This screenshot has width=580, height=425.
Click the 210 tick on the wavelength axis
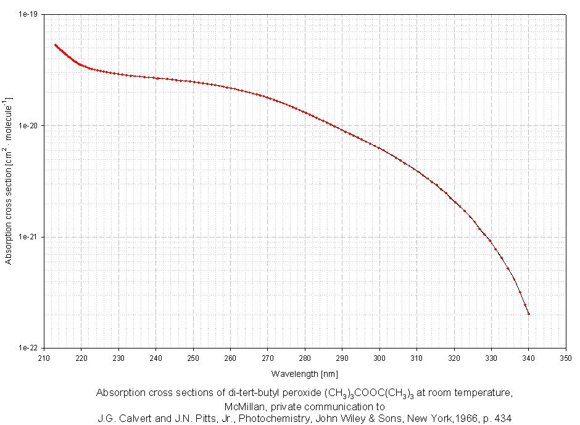tap(44, 358)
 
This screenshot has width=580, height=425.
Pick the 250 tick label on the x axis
tap(193, 358)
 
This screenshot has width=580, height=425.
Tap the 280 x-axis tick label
tap(305, 358)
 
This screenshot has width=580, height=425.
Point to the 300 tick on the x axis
tap(379, 358)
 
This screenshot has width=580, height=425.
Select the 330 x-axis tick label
tap(491, 358)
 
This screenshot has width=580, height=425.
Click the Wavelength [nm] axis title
tap(304, 373)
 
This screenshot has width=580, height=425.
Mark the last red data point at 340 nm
tap(529, 314)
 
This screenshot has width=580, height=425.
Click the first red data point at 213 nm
tap(56, 45)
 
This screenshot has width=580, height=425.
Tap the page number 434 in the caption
tap(503, 418)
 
